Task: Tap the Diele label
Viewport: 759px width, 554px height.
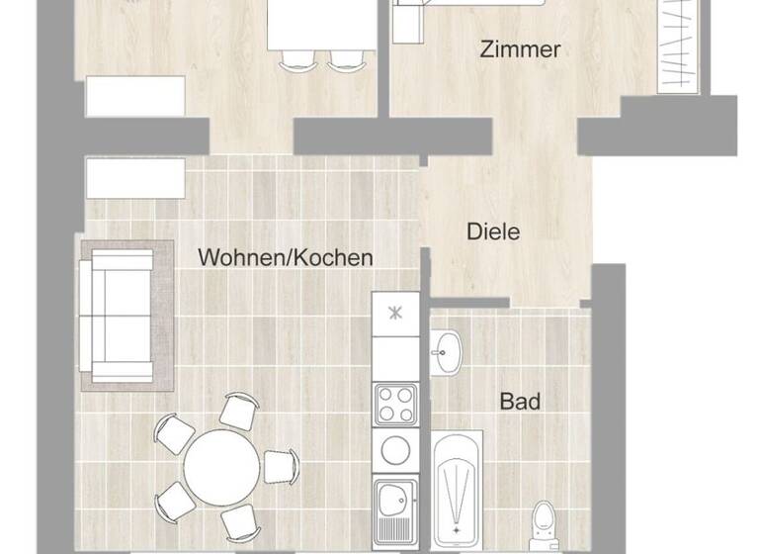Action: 493,233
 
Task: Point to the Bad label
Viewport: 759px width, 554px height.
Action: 520,402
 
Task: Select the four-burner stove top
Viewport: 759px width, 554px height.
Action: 395,404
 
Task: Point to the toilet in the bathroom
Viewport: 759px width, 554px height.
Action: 543,524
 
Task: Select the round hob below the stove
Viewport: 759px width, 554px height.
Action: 395,447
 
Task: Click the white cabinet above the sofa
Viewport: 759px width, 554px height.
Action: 134,179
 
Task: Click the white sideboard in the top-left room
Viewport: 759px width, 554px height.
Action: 135,97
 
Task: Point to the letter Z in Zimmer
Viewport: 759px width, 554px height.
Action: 485,49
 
